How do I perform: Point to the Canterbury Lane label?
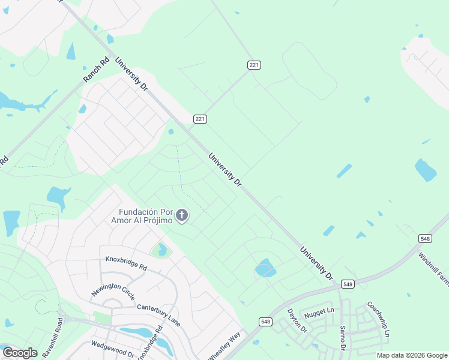(158, 315)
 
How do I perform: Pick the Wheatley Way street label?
(224, 346)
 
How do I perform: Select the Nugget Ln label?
(319, 311)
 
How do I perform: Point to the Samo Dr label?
(343, 338)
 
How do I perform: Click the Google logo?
(20, 353)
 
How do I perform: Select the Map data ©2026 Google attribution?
(412, 355)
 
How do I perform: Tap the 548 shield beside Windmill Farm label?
(425, 239)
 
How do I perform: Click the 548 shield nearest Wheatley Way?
(265, 322)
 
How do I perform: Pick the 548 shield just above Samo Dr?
(348, 284)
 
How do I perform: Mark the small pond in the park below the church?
(161, 250)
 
